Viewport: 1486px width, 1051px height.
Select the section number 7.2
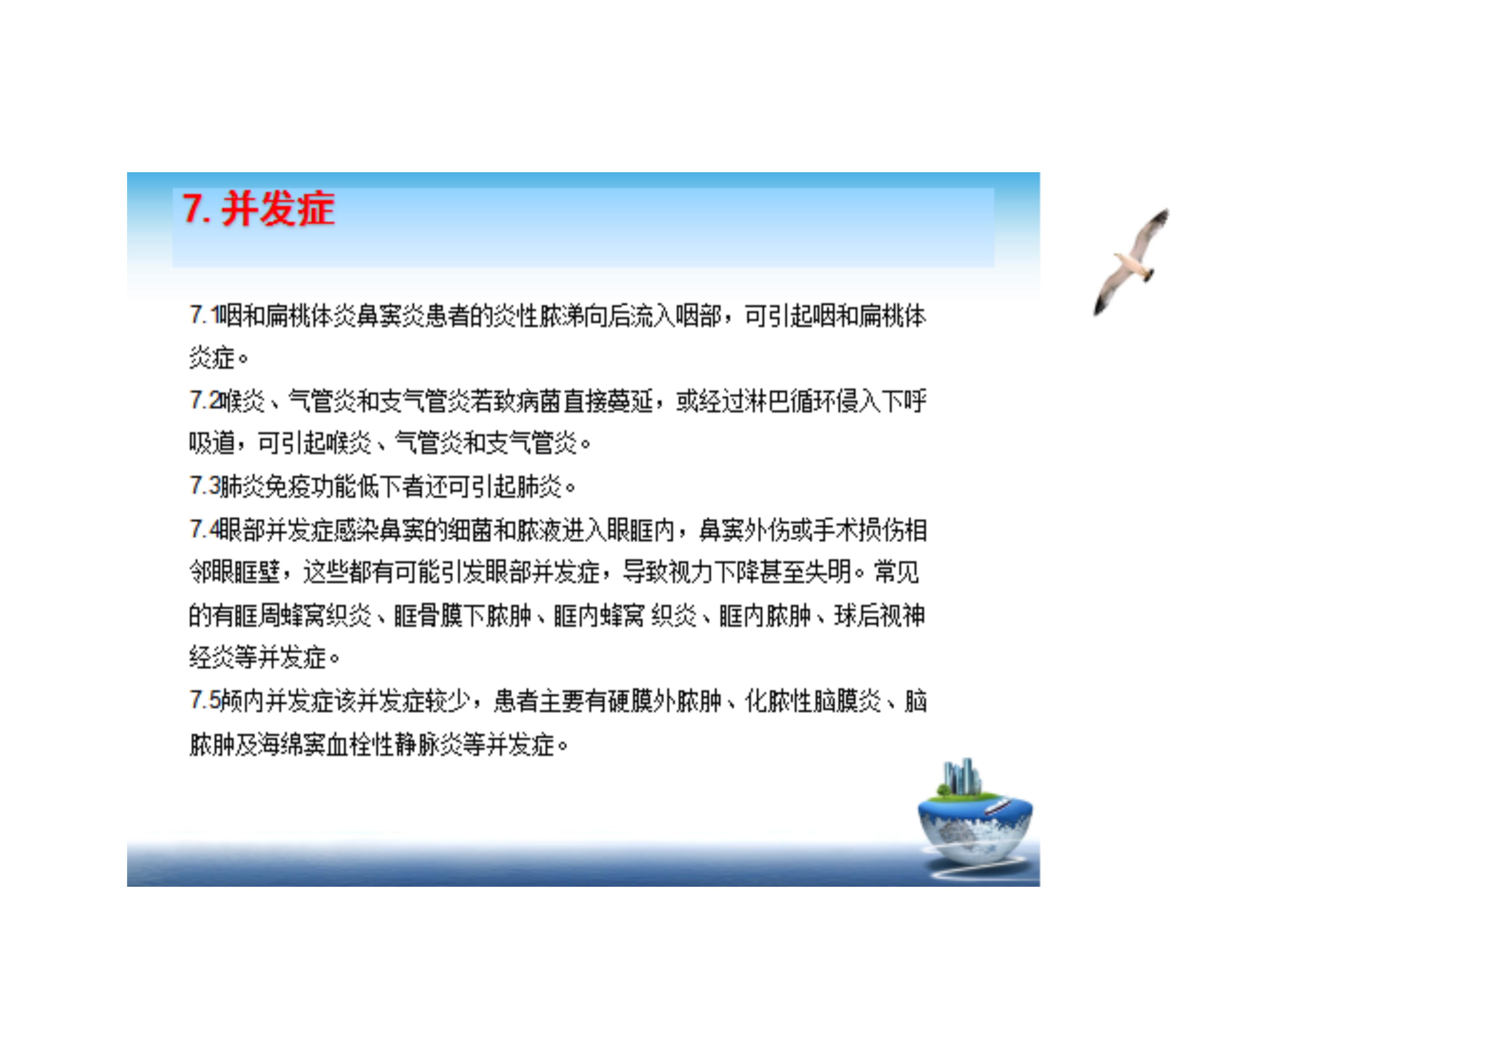point(205,401)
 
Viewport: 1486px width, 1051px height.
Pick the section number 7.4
point(205,530)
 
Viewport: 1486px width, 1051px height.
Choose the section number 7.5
point(205,700)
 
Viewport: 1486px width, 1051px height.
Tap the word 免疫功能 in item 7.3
point(311,486)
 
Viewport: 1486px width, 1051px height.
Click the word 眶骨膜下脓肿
point(462,615)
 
